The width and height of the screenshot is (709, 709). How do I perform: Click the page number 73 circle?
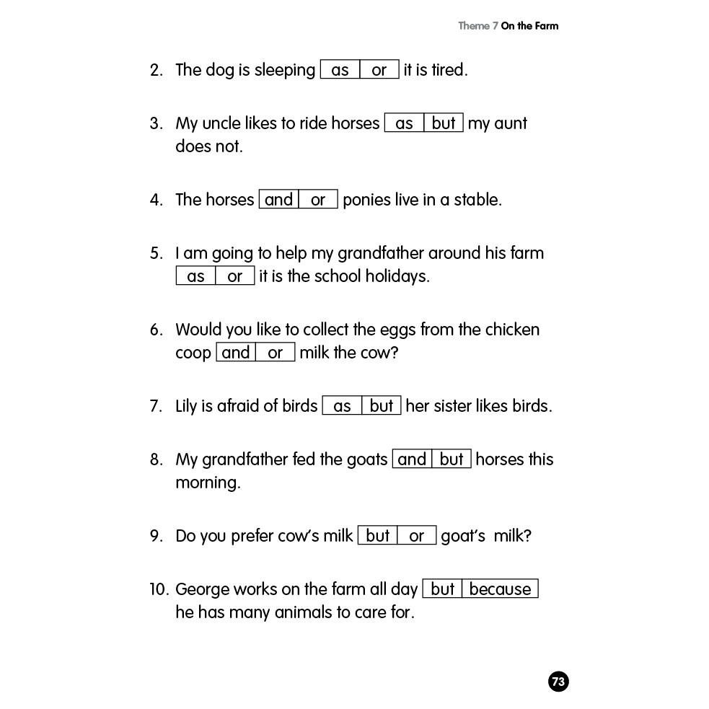[x=558, y=682]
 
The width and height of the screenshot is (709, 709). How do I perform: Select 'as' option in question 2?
[x=340, y=70]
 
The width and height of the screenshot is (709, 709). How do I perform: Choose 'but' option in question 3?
[x=444, y=123]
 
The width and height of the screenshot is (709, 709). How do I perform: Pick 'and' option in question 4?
[x=278, y=200]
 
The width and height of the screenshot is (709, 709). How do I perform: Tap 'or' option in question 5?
[x=235, y=276]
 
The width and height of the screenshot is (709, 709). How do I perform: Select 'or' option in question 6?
[x=276, y=353]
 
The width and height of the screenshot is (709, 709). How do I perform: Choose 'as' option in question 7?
[x=342, y=406]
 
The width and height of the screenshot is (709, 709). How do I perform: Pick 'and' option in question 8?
[x=412, y=459]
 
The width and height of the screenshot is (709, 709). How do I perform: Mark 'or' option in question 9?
[x=417, y=536]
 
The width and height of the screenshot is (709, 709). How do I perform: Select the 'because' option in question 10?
[x=500, y=589]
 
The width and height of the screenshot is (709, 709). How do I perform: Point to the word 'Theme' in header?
[x=474, y=26]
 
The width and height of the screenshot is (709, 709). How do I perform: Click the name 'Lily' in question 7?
[x=186, y=406]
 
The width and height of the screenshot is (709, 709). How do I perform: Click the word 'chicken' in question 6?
[x=512, y=330]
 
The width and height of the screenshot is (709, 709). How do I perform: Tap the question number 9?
[x=157, y=537]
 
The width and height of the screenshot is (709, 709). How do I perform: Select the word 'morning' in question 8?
[x=208, y=483]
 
